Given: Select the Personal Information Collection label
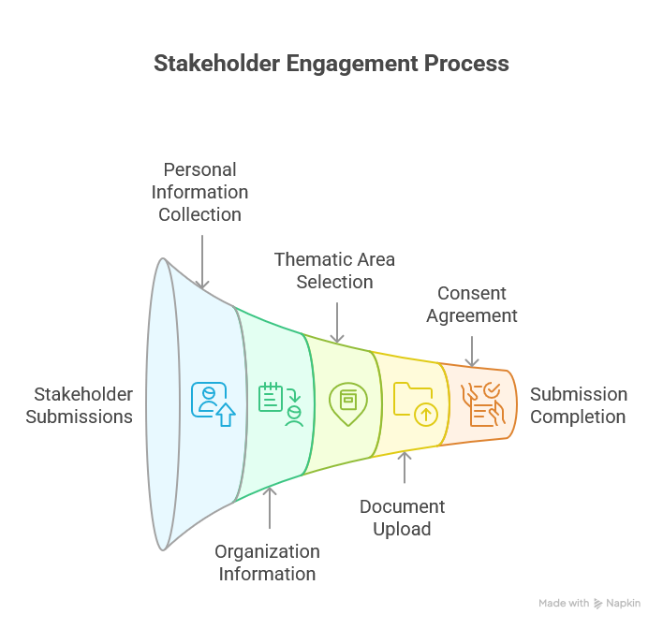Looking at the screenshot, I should [200, 192].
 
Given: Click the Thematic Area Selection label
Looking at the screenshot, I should [334, 270].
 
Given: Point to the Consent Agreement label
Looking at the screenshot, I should [472, 304].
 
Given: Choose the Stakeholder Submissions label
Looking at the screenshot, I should [79, 405].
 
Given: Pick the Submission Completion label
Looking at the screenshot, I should [579, 405].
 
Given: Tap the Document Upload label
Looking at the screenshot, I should [403, 518].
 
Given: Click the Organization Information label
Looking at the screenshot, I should [269, 563].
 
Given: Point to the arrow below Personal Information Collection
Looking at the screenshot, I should [202, 262].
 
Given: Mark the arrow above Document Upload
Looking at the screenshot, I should [405, 468].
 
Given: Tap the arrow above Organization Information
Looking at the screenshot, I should [270, 510].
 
